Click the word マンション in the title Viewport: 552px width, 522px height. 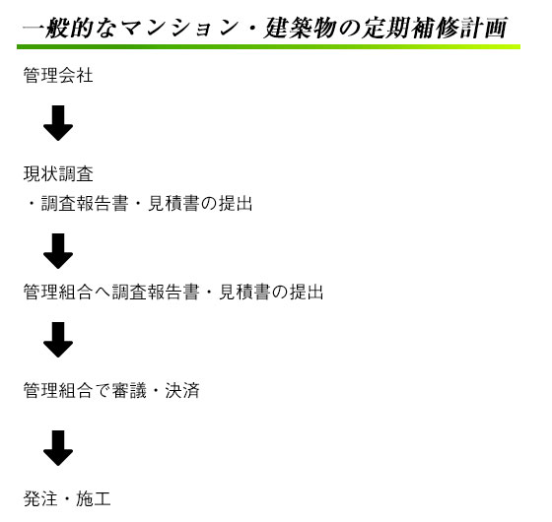click(179, 28)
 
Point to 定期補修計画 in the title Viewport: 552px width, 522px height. click(435, 28)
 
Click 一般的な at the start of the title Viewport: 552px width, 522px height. click(70, 28)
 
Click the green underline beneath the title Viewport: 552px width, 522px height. click(268, 47)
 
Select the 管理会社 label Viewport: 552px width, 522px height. click(58, 75)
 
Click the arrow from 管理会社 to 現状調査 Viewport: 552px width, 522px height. click(58, 123)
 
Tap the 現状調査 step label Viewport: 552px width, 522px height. click(58, 173)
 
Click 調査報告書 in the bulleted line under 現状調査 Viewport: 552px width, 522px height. click(85, 203)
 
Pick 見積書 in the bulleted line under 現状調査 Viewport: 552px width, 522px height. click(173, 203)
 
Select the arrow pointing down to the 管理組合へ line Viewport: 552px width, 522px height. click(58, 251)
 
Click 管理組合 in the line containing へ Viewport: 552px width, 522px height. click(58, 292)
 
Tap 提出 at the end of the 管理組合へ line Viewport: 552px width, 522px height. click(307, 292)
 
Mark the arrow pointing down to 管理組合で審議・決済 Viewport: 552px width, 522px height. click(58, 340)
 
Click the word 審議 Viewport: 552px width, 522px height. click(129, 390)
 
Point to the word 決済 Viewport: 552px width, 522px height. click(182, 390)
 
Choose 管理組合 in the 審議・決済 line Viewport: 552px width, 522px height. click(58, 390)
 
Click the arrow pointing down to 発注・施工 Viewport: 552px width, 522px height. click(58, 448)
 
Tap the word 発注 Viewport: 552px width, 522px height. click(40, 498)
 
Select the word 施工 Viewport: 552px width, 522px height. click(94, 498)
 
